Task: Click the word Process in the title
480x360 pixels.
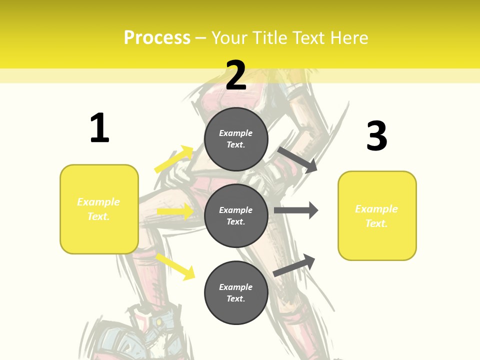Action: tap(157, 38)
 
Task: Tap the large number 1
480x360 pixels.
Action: tap(99, 128)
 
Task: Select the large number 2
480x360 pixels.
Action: tap(236, 75)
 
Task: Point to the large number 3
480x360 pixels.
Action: tap(377, 136)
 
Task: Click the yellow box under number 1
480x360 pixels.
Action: tap(99, 209)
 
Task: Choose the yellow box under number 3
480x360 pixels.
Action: tap(377, 215)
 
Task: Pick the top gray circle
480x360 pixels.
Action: tap(236, 139)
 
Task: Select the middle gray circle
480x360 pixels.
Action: tap(236, 215)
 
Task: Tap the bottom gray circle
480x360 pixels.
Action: tap(236, 292)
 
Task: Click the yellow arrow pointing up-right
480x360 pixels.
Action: tap(174, 159)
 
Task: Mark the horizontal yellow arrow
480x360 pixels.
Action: tap(175, 211)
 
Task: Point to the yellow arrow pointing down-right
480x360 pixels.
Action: tap(175, 266)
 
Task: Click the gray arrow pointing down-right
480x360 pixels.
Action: tap(297, 159)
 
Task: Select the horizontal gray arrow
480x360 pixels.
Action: tap(296, 210)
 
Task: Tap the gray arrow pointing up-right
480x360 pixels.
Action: tap(294, 265)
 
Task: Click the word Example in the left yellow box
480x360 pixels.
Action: tap(98, 202)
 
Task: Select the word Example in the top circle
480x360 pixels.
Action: tap(236, 133)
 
